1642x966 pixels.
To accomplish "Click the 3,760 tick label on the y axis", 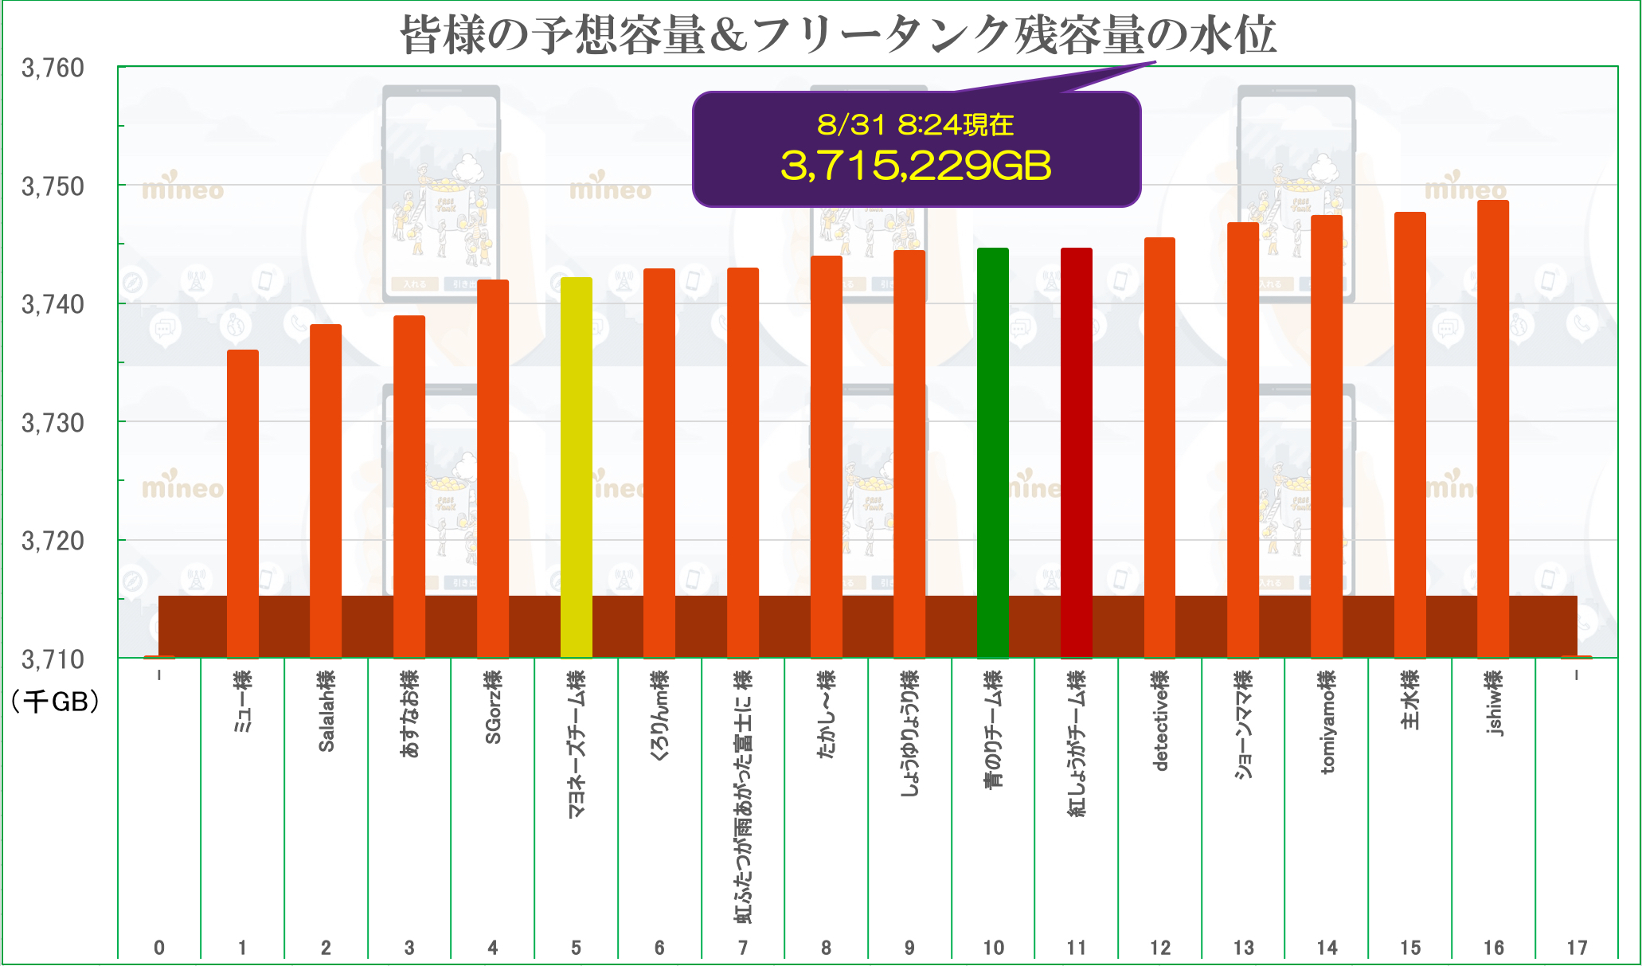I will pos(53,68).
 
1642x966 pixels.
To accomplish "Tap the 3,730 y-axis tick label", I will pos(53,423).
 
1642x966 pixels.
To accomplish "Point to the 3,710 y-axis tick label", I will pos(53,659).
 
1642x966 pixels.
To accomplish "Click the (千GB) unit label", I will pos(55,702).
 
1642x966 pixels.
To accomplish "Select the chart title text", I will pos(838,35).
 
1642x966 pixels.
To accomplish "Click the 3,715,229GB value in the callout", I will pos(916,166).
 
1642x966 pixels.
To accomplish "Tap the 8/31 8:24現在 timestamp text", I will pos(916,125).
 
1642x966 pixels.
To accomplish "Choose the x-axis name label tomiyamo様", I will pos(1327,722).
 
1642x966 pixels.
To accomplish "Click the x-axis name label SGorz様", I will pos(493,707).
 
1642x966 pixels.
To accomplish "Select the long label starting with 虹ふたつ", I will pos(743,796).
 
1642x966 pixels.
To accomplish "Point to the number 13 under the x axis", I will pos(1243,948).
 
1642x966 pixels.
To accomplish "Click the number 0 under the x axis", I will pos(159,948).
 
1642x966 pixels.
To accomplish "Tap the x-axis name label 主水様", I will pos(1410,699).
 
